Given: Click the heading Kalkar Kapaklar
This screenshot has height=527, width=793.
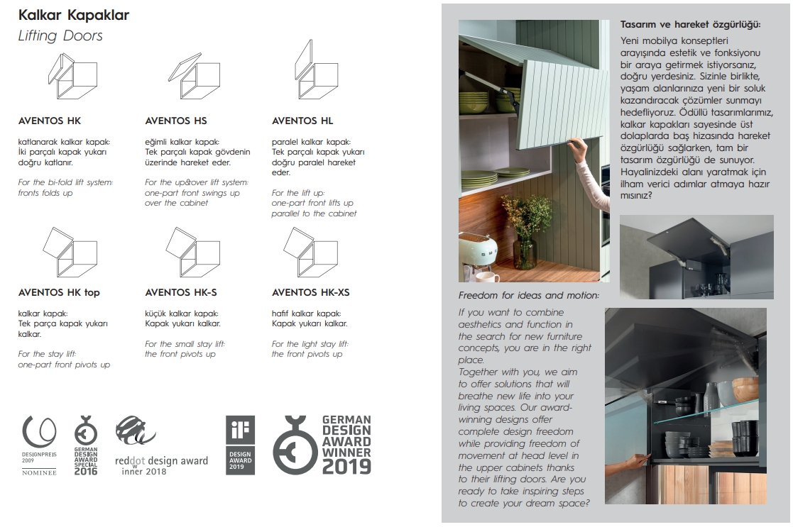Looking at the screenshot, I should point(74,15).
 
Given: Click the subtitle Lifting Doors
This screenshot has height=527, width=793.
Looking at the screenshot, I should point(60,36).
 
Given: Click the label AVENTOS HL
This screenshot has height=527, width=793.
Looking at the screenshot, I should point(302,121).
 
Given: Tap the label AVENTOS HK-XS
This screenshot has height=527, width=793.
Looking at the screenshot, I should point(310,292).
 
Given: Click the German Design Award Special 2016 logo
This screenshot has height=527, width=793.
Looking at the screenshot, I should point(86,446).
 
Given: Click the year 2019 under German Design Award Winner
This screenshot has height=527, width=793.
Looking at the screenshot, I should point(347,466).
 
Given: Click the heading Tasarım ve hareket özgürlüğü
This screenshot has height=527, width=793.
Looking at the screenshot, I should point(690,25).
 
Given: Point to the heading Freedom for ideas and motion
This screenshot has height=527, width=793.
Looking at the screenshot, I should point(529,295).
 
